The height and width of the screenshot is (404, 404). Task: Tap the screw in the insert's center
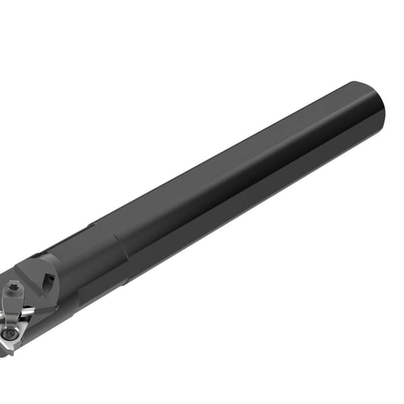(x=7, y=333)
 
